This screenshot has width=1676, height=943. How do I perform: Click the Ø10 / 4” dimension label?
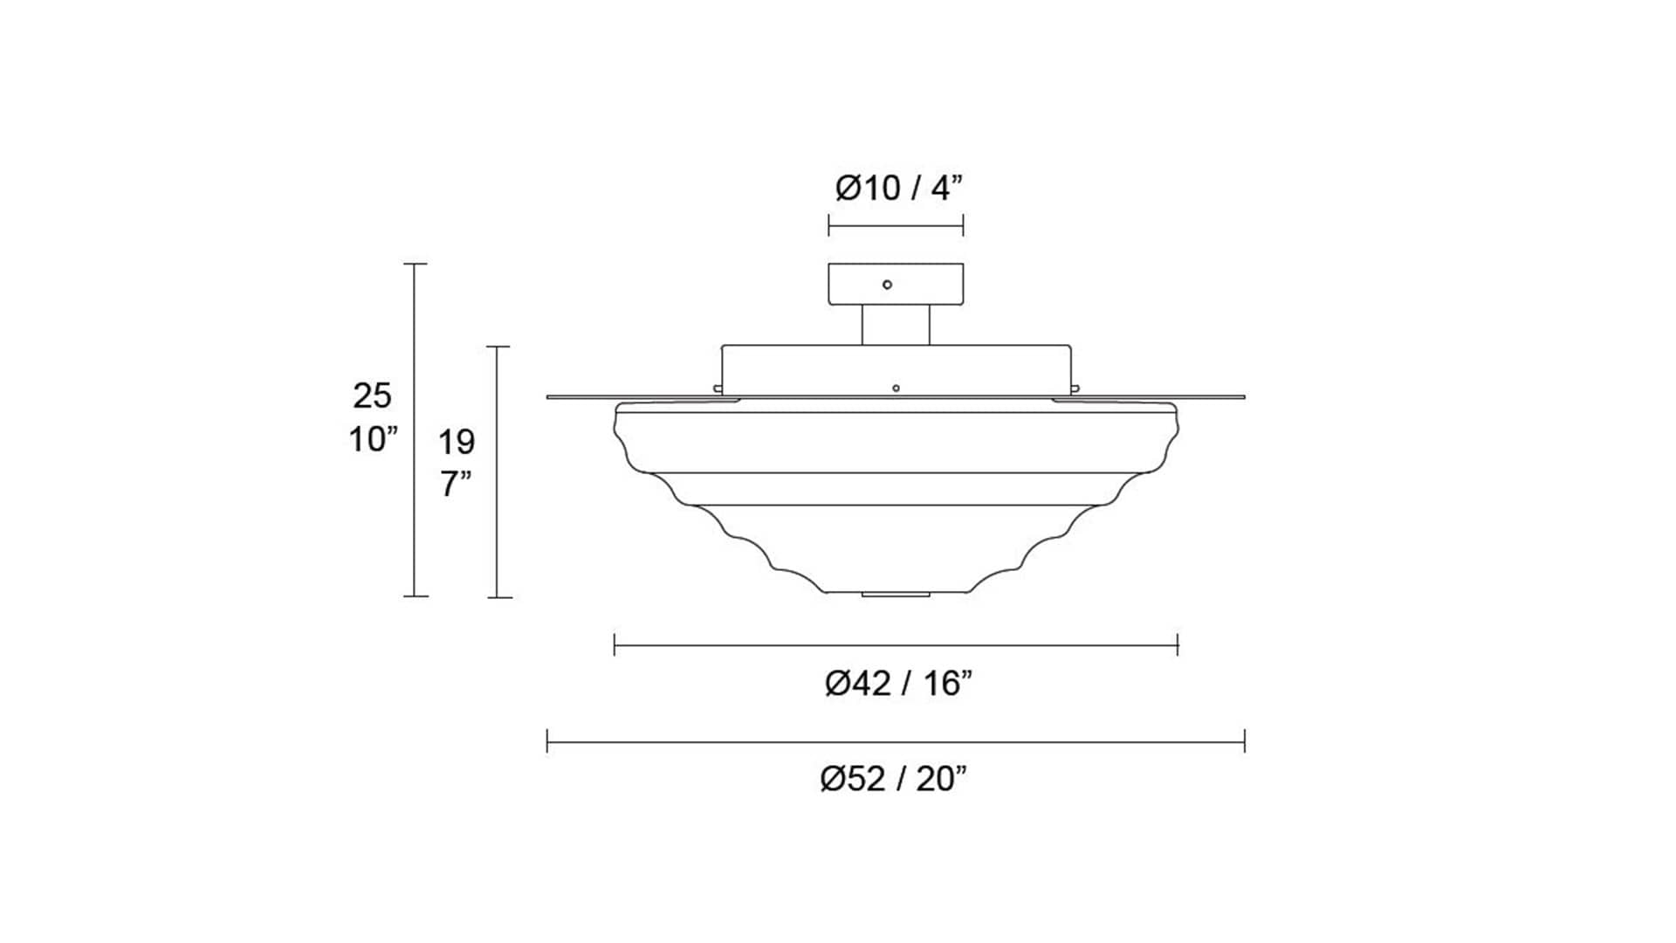[x=898, y=188]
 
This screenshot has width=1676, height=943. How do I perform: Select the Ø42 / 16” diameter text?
[x=898, y=684]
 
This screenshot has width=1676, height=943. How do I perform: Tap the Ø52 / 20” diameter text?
[x=894, y=779]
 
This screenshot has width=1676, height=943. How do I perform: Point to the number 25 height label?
[x=372, y=396]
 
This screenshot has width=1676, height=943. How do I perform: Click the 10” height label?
[x=374, y=440]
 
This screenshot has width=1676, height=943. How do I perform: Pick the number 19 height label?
[x=456, y=443]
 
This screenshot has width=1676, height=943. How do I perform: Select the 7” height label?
[x=456, y=484]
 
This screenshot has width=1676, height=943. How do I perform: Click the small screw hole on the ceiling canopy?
[x=888, y=285]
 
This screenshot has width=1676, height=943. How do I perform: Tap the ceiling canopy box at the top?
[x=896, y=284]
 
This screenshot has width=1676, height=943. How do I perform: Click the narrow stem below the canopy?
[x=896, y=325]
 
